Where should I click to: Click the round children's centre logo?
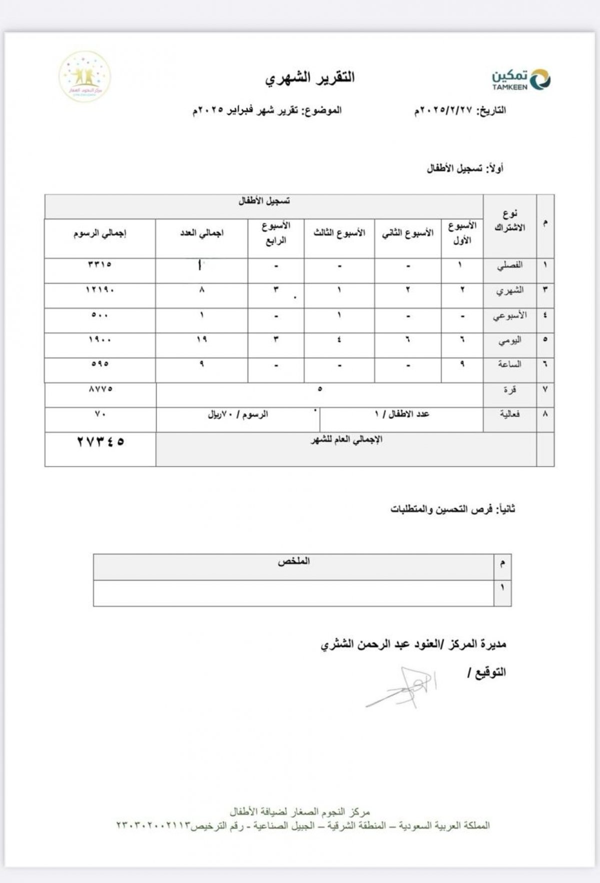pyautogui.click(x=84, y=76)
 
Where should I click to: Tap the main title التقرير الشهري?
pyautogui.click(x=310, y=78)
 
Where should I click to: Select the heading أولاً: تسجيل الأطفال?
pyautogui.click(x=465, y=169)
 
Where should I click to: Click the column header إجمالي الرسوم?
pyautogui.click(x=100, y=233)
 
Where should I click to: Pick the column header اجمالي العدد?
pyautogui.click(x=202, y=233)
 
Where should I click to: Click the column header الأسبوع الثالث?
pyautogui.click(x=339, y=233)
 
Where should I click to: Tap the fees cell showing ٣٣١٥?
pyautogui.click(x=100, y=264)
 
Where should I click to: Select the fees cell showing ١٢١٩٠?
pyautogui.click(x=100, y=289)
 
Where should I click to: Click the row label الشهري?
pyautogui.click(x=510, y=290)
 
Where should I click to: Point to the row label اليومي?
pyautogui.click(x=510, y=340)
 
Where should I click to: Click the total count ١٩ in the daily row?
pyautogui.click(x=202, y=339)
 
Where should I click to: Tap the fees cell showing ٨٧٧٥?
pyautogui.click(x=100, y=388)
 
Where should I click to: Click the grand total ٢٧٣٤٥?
pyautogui.click(x=100, y=442)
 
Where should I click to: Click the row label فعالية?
pyautogui.click(x=510, y=414)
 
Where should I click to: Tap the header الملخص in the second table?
pyautogui.click(x=294, y=561)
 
